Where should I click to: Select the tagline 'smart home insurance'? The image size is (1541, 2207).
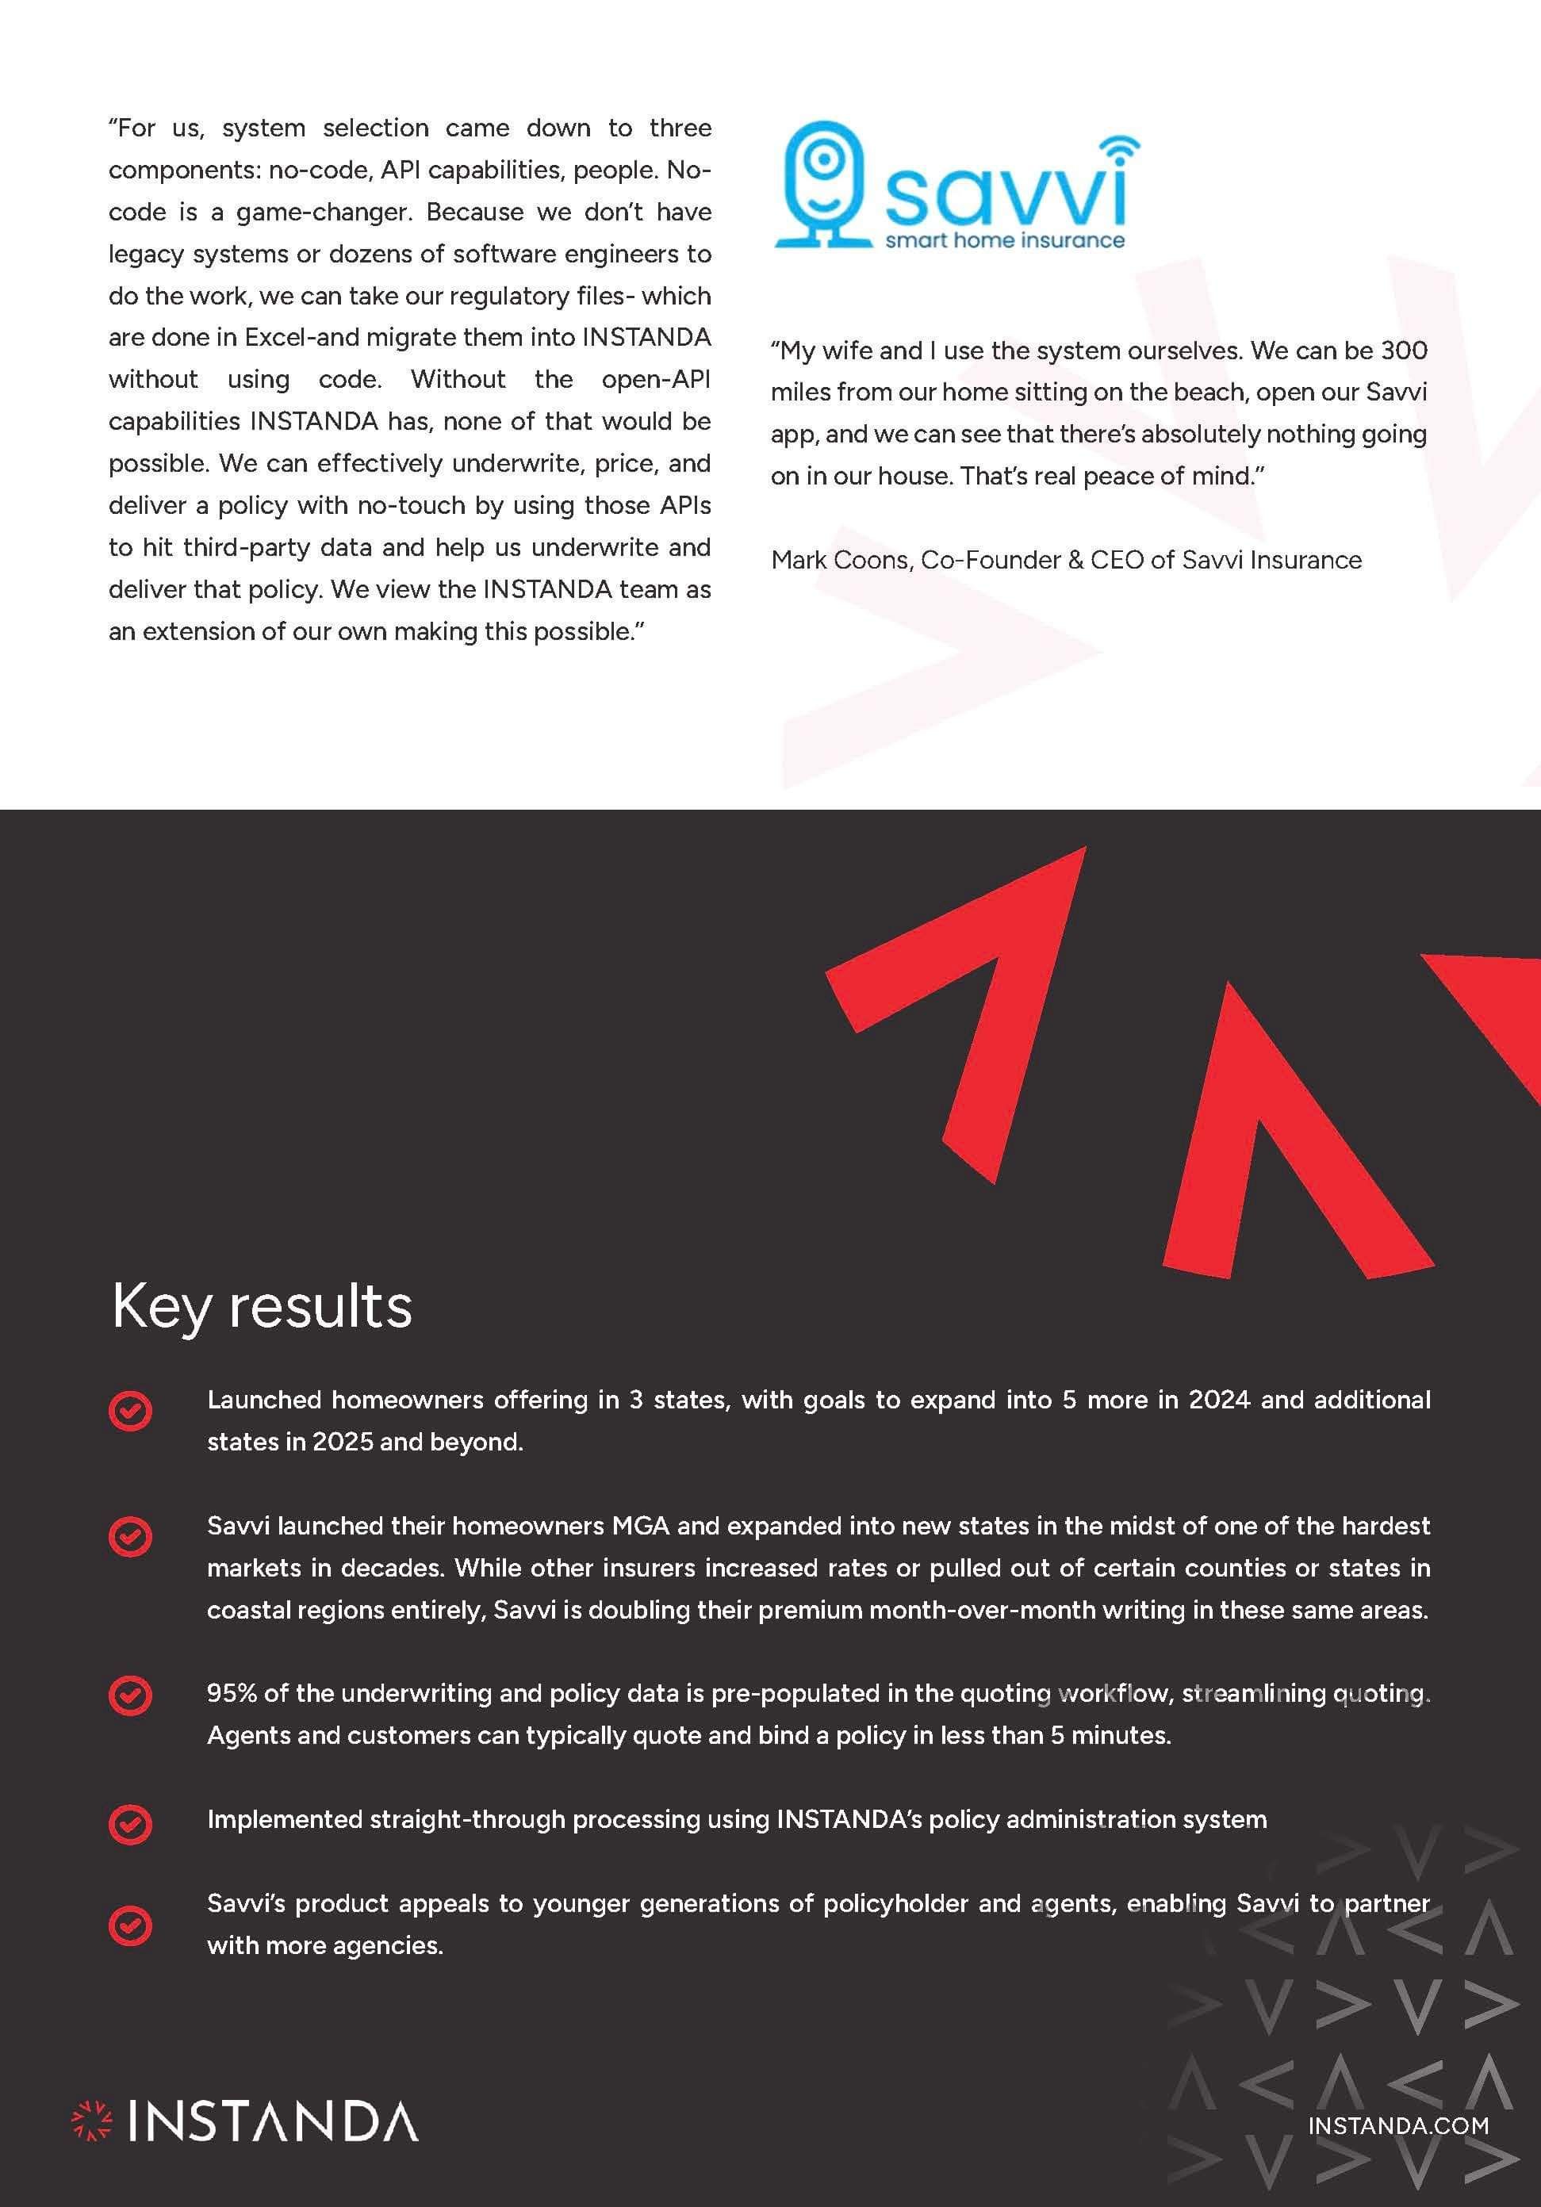coord(1005,240)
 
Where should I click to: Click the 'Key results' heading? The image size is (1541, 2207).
coord(262,1306)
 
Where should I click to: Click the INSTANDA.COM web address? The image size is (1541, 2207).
coord(1397,2125)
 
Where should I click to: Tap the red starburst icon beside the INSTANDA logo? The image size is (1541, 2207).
coord(92,2121)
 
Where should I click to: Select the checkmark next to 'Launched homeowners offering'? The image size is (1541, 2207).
coord(131,1411)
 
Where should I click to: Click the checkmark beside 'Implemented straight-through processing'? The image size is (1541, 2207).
coord(131,1822)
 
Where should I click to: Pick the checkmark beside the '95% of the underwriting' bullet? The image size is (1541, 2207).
coord(131,1695)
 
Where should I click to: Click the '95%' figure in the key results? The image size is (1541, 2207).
coord(232,1694)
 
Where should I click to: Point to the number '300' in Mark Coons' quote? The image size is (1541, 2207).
coord(1404,351)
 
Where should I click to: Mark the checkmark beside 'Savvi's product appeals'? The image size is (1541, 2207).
coord(131,1925)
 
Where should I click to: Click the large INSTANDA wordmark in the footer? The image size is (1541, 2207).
coord(273,2121)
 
